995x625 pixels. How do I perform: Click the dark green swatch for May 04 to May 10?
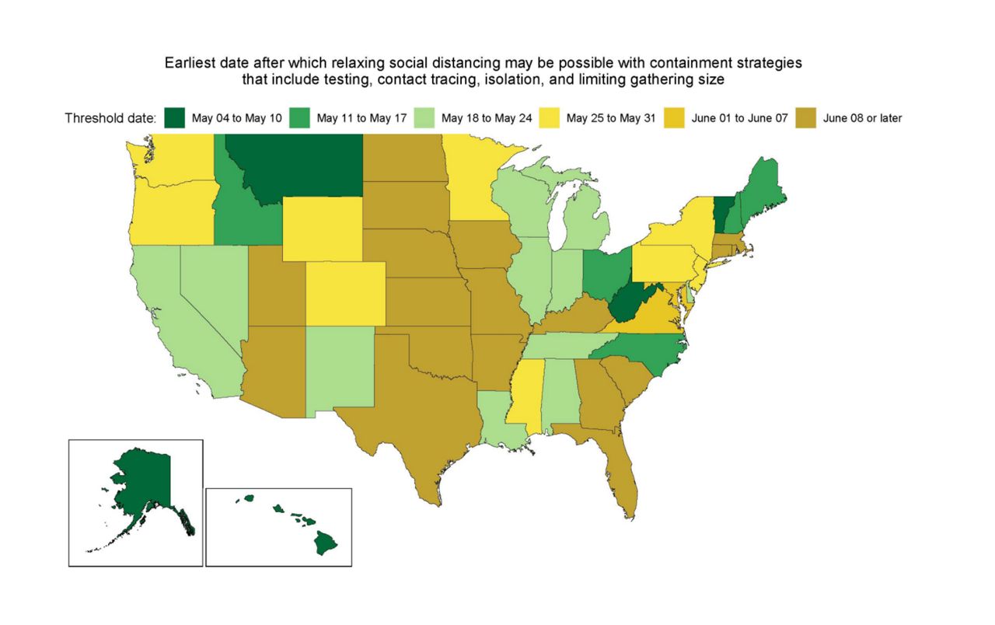tap(176, 119)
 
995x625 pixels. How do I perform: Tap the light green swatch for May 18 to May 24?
tap(424, 119)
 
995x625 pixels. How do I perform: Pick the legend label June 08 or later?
tap(862, 119)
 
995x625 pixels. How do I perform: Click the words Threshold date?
tap(110, 119)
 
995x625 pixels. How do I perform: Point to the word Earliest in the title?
tap(190, 62)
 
